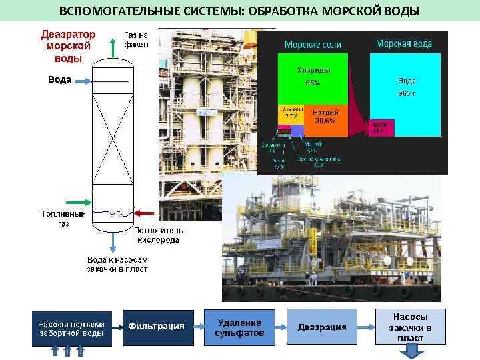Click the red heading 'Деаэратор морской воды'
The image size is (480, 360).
tap(67, 45)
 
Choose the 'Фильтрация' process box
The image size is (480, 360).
tap(157, 327)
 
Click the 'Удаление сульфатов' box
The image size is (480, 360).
tap(239, 327)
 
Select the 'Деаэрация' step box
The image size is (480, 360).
tap(322, 327)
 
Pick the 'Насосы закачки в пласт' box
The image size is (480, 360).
tap(410, 327)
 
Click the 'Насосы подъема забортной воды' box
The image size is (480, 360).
tap(71, 327)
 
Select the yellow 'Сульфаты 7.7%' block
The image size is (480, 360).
tap(291, 114)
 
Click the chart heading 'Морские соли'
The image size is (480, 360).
tap(313, 45)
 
